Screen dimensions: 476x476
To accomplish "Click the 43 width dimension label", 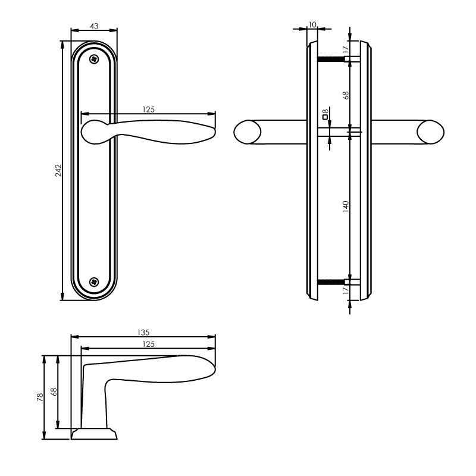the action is click(x=94, y=26).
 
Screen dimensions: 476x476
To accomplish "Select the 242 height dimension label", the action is click(x=58, y=171).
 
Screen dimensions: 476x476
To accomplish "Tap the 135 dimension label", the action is click(x=143, y=333).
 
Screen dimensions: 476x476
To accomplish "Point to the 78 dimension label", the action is click(x=40, y=397).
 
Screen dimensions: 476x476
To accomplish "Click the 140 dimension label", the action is click(x=346, y=206).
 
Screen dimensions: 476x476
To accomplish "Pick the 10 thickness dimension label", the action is click(x=312, y=24).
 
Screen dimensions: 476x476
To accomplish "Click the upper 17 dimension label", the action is click(x=346, y=50).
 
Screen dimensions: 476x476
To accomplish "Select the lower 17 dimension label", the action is click(x=346, y=290).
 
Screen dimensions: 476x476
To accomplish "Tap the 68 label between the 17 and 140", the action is click(x=346, y=95).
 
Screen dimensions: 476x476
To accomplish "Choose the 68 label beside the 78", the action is click(x=54, y=392).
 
